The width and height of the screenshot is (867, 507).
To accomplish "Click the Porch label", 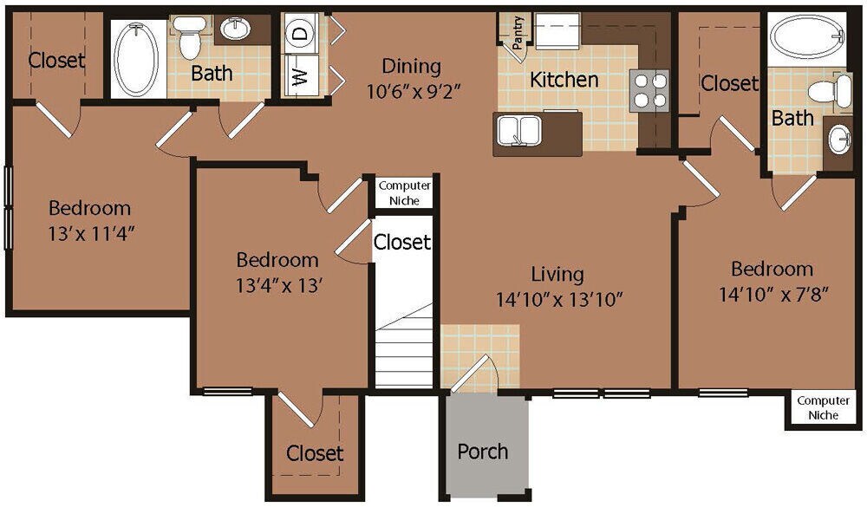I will coord(483,452).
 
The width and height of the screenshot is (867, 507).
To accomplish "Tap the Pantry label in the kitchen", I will coord(517,31).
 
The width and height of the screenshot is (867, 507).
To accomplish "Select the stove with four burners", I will coord(649,88).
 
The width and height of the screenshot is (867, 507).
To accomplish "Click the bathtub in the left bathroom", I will coord(137,59).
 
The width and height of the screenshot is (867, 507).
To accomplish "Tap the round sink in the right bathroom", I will coord(839,140).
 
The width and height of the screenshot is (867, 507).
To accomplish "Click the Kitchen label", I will coord(564,80).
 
